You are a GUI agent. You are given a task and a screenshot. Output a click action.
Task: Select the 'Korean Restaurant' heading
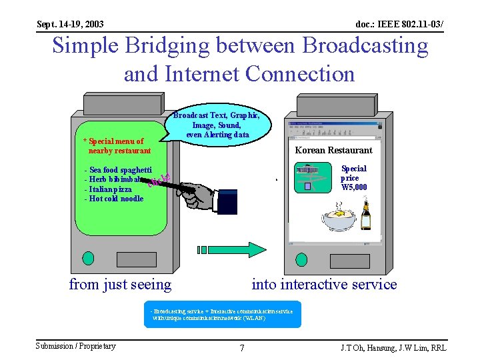(x=333, y=150)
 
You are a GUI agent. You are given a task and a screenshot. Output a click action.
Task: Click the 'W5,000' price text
(x=353, y=187)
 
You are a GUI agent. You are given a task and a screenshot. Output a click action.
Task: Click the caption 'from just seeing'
(x=120, y=285)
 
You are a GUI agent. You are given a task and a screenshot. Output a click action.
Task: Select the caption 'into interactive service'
(x=324, y=285)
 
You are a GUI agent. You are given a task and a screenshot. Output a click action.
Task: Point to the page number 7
(x=241, y=347)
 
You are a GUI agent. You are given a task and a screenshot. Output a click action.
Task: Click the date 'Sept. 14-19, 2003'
(x=70, y=25)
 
